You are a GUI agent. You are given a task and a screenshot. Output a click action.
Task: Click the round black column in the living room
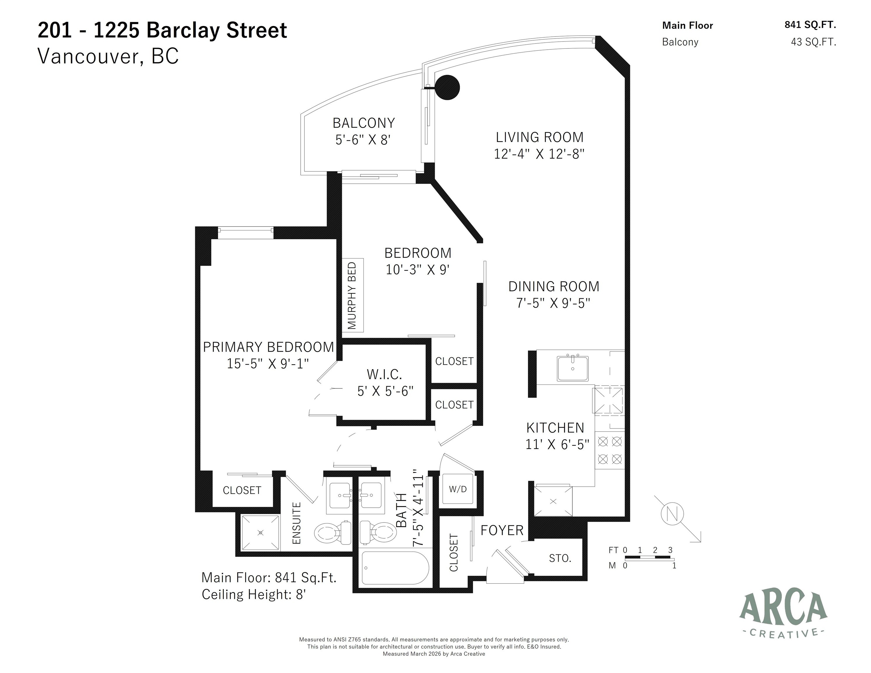point(447,87)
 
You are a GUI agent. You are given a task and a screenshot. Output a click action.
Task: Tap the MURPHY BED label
point(352,295)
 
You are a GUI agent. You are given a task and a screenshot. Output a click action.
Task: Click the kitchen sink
point(573,368)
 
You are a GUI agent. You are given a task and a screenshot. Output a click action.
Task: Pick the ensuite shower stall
point(260,533)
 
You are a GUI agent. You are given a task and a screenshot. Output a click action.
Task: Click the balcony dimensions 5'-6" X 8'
point(363,140)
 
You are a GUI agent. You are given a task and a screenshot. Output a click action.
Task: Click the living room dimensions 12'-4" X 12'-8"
point(539,154)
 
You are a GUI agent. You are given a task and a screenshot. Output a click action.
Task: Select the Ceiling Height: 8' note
point(254,594)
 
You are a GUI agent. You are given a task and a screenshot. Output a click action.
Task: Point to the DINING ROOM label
point(554,286)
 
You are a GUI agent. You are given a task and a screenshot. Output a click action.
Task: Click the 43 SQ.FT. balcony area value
point(813,42)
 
